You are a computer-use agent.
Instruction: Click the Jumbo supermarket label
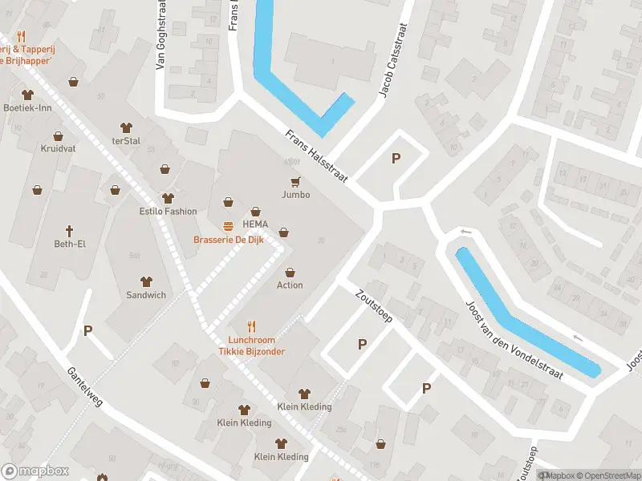pos(295,195)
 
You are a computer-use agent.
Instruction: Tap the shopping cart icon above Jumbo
pos(295,181)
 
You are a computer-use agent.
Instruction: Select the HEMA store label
pos(255,224)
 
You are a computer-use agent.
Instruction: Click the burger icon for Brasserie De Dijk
pos(229,226)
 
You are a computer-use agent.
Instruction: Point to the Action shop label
pos(290,285)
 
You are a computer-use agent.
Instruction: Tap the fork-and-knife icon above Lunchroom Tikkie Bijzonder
pos(252,326)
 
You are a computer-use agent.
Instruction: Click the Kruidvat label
pos(57,149)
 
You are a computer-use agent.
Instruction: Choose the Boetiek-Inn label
pos(28,108)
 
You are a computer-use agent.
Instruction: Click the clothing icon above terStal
pos(126,127)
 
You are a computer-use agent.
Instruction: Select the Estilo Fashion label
pos(168,212)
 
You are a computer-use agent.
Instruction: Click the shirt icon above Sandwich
pos(146,281)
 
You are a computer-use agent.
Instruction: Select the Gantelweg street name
pos(86,388)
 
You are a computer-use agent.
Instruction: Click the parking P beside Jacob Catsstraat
pos(396,159)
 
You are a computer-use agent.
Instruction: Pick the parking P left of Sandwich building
pos(88,330)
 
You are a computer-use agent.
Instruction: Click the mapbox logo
pos(35,471)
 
